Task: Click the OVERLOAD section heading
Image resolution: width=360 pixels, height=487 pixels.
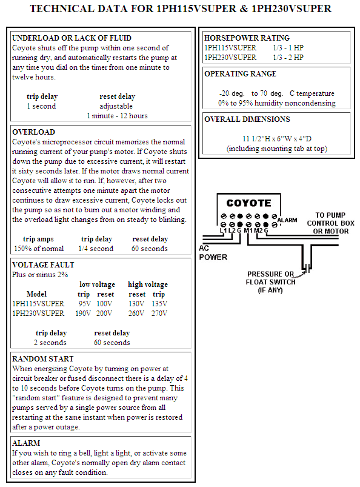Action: click(33, 132)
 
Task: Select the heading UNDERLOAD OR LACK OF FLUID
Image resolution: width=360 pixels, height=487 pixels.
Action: click(72, 38)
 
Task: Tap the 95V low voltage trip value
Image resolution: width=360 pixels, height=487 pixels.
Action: click(84, 303)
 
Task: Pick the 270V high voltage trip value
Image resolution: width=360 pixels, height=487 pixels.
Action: click(159, 313)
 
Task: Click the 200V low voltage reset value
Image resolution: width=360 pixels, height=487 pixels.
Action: click(104, 313)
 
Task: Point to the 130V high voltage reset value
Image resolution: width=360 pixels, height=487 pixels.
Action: click(136, 303)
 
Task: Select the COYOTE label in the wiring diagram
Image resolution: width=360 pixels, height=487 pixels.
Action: click(248, 203)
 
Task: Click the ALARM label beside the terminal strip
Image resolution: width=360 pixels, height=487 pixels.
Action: click(287, 220)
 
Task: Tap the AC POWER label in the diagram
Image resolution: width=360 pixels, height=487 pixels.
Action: click(213, 252)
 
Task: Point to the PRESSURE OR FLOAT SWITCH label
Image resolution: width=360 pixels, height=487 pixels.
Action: click(270, 282)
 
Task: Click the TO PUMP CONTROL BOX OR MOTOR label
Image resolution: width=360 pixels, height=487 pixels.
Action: click(330, 223)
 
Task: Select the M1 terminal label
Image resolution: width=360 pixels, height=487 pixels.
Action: click(248, 230)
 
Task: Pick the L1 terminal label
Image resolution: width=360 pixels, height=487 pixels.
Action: click(224, 230)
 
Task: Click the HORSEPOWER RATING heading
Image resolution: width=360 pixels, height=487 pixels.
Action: click(247, 38)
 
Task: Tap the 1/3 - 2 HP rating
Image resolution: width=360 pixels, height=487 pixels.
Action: click(288, 58)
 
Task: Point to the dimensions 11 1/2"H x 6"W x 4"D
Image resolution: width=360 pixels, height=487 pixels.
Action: click(277, 138)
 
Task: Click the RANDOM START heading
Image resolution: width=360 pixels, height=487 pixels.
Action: click(43, 358)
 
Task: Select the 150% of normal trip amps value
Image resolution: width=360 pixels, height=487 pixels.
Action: click(39, 249)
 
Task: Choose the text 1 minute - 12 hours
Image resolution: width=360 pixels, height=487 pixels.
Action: click(117, 116)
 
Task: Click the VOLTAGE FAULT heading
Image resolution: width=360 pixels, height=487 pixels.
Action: click(43, 265)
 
